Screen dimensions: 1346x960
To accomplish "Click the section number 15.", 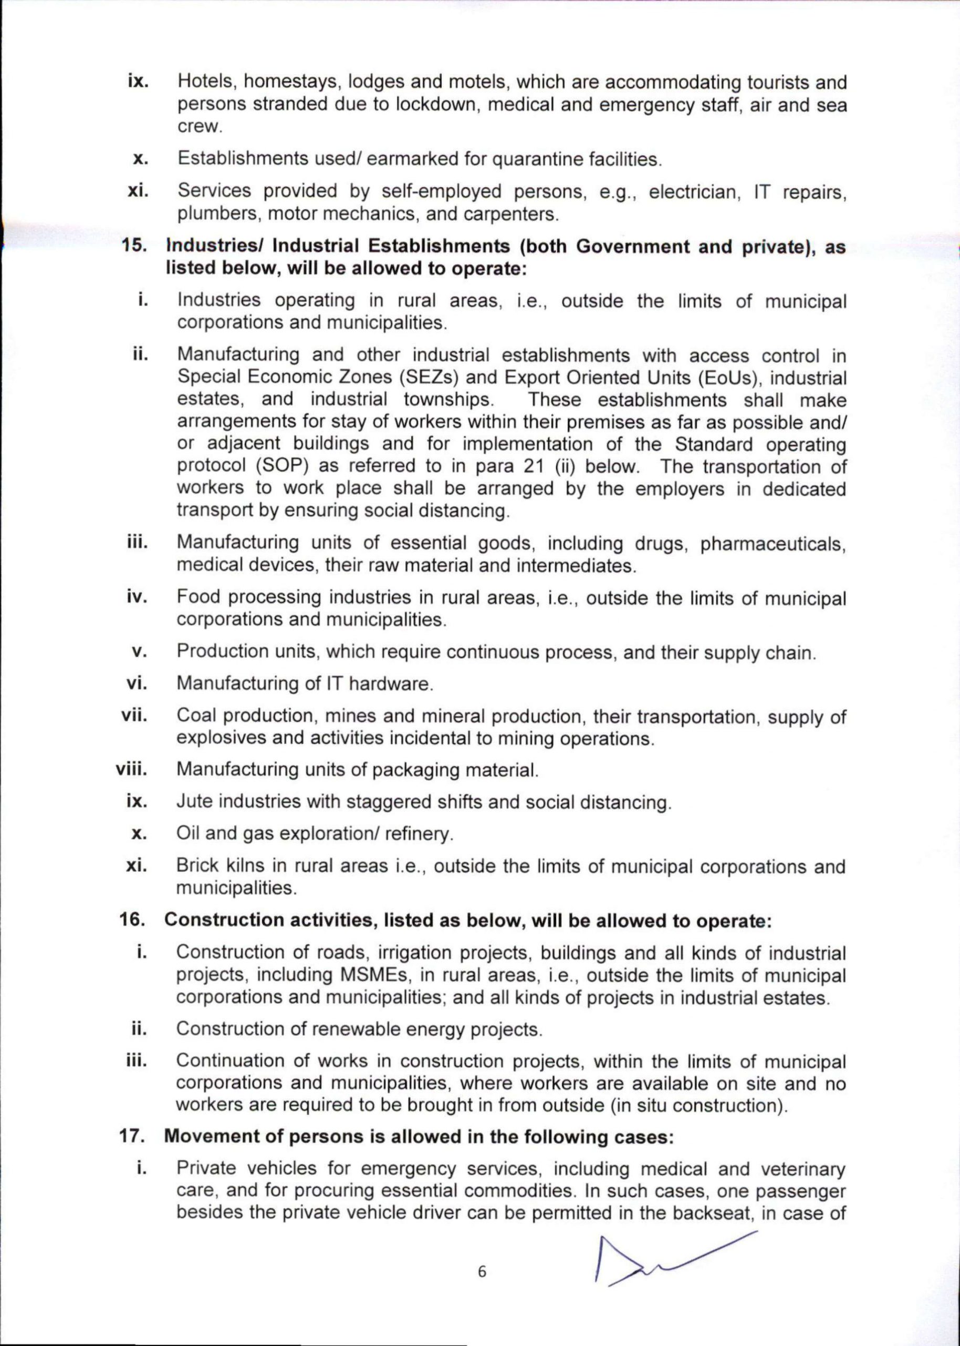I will tap(134, 246).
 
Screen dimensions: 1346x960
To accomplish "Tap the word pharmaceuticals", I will tap(772, 543).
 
